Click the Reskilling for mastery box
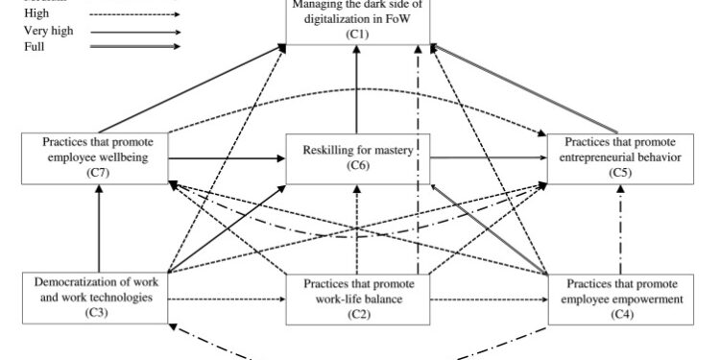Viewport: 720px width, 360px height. [356, 158]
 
